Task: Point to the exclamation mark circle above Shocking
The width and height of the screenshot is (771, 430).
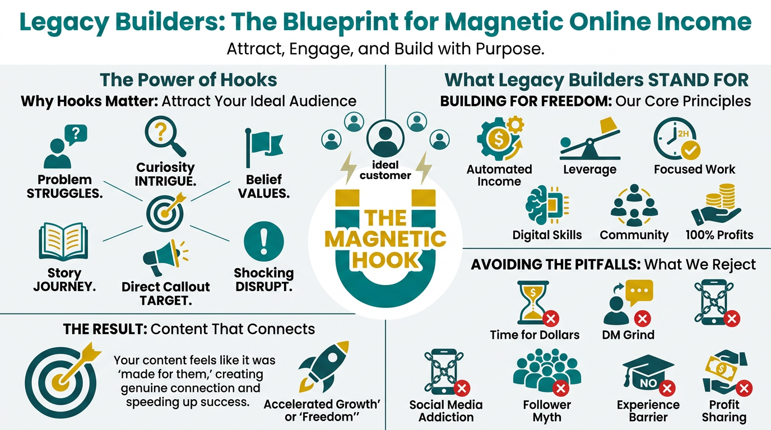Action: click(x=264, y=242)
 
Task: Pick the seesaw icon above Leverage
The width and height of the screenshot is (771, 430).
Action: click(x=589, y=139)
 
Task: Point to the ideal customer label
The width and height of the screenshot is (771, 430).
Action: click(x=386, y=170)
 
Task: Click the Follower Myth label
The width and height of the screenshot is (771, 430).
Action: click(x=546, y=410)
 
